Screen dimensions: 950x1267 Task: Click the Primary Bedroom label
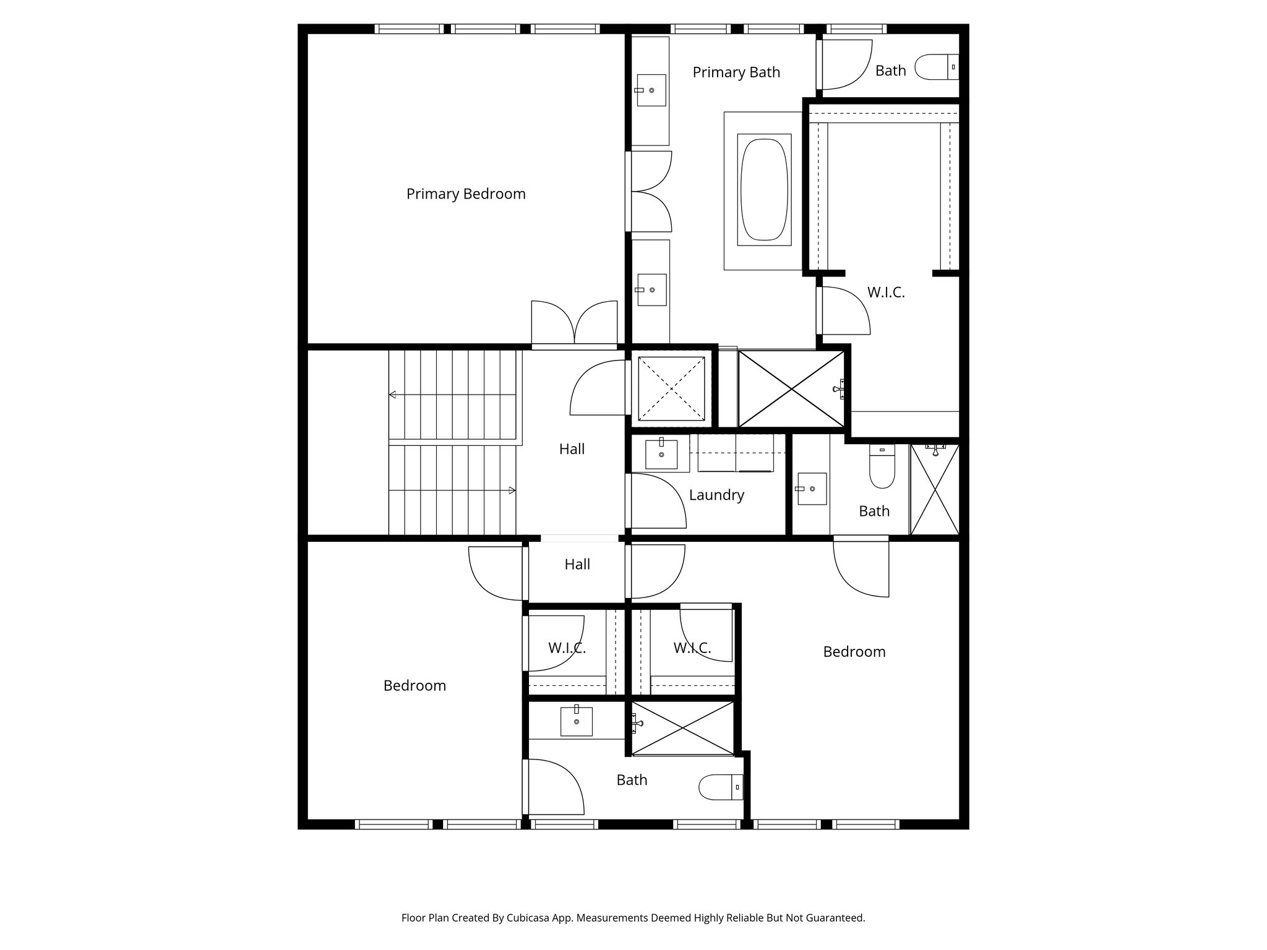click(x=466, y=194)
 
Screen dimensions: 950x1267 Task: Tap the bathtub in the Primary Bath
click(x=764, y=189)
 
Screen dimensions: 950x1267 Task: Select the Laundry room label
click(x=716, y=495)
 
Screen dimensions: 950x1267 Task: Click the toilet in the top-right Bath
click(x=936, y=67)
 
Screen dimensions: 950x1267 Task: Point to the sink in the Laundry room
click(x=661, y=454)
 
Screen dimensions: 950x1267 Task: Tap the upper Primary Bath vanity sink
click(x=651, y=90)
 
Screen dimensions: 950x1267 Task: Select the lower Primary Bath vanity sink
click(x=651, y=289)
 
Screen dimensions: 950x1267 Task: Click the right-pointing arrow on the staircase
click(x=511, y=490)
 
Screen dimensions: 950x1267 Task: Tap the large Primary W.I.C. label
click(x=885, y=293)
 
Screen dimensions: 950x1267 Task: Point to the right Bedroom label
click(x=854, y=652)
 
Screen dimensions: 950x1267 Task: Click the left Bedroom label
click(x=414, y=686)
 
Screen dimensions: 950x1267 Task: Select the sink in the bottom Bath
click(x=576, y=721)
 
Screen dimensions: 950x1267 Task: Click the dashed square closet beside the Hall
click(x=671, y=388)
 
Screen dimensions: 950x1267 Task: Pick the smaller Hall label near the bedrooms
click(x=577, y=564)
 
